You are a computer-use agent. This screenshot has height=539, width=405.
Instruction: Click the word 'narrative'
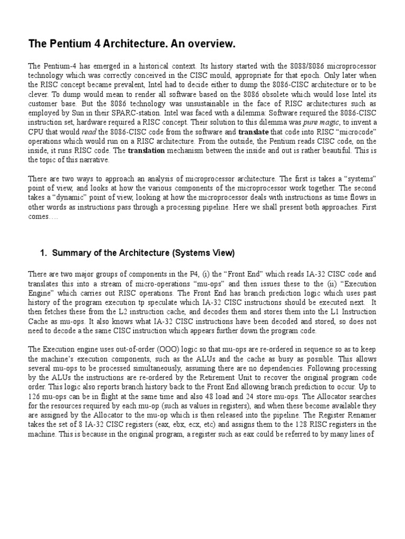coord(93,160)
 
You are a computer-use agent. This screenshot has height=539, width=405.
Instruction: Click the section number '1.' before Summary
coord(44,253)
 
